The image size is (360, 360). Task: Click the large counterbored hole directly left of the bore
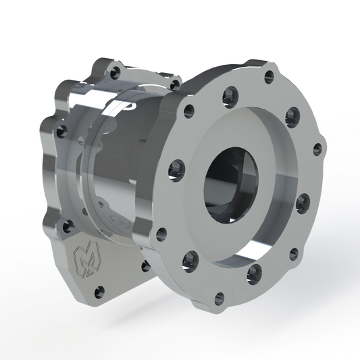click(177, 165)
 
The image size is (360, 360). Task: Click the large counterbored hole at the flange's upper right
click(291, 112)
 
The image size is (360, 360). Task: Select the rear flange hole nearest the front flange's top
click(175, 84)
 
